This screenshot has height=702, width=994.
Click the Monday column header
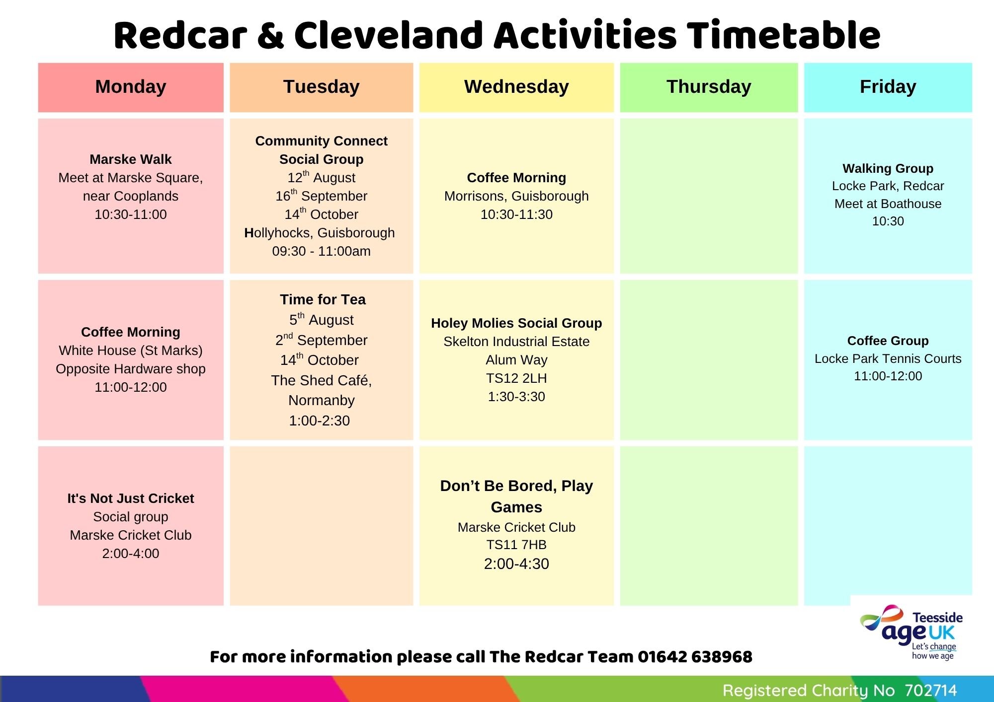pyautogui.click(x=131, y=87)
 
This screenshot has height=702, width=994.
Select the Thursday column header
pyautogui.click(x=709, y=87)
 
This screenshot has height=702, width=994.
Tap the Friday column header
pyautogui.click(x=888, y=87)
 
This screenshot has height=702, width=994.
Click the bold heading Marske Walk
pyautogui.click(x=131, y=159)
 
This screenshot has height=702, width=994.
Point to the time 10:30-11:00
pyautogui.click(x=131, y=214)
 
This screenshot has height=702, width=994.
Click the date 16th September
pyautogui.click(x=322, y=195)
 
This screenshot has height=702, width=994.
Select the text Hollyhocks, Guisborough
pyautogui.click(x=320, y=233)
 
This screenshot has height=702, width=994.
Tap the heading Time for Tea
pyautogui.click(x=323, y=299)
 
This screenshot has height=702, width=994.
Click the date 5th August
pyautogui.click(x=322, y=319)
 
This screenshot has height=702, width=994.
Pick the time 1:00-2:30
pyautogui.click(x=320, y=421)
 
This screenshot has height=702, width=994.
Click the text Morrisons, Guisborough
pyautogui.click(x=516, y=196)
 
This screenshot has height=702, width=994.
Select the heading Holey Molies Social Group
pyautogui.click(x=516, y=323)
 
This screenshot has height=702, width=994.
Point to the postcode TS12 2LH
pyautogui.click(x=516, y=378)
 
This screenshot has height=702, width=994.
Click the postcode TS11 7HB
pyautogui.click(x=516, y=545)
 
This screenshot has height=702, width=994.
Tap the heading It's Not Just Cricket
pyautogui.click(x=131, y=498)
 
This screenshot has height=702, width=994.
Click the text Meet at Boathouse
pyautogui.click(x=888, y=204)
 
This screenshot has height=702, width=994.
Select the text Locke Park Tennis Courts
pyautogui.click(x=888, y=358)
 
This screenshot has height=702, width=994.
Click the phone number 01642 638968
pyautogui.click(x=695, y=656)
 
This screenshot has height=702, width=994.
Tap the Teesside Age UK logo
pyautogui.click(x=911, y=632)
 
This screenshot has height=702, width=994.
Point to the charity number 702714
pyautogui.click(x=930, y=690)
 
